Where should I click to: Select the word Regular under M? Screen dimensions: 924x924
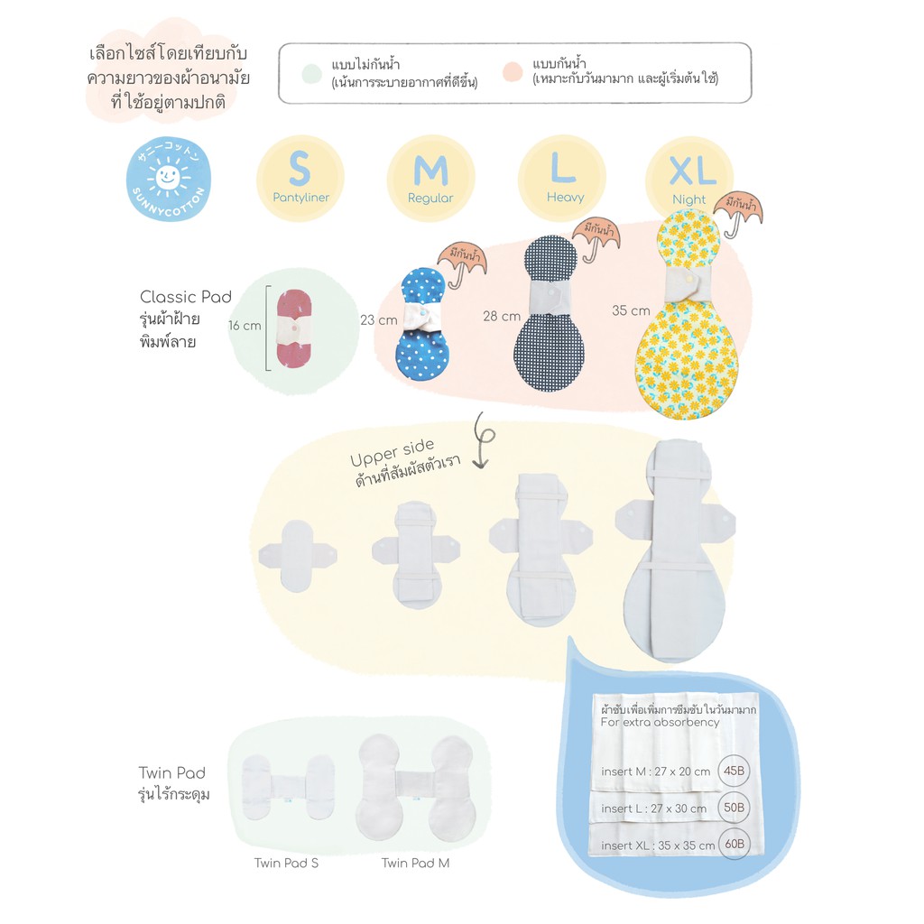point(430,198)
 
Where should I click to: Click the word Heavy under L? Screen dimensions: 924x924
point(565,197)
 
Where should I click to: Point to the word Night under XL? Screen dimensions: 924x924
point(688,199)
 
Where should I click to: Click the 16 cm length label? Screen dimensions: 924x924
point(245,325)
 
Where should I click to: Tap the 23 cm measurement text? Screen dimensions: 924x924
point(379,320)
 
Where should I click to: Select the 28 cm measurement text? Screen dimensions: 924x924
point(502,317)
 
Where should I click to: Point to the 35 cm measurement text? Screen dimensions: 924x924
point(631,310)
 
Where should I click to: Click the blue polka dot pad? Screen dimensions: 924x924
point(422,324)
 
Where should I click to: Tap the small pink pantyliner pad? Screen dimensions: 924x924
point(293,328)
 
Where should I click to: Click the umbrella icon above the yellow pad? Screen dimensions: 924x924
point(738,213)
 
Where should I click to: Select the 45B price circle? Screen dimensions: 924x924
point(734,771)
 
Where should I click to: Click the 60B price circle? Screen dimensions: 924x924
point(735,844)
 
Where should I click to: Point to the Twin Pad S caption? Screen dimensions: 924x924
point(286,863)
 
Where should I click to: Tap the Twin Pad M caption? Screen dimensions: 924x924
point(415,863)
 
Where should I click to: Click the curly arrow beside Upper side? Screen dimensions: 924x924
point(484,440)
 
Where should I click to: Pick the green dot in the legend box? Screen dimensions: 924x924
point(311,74)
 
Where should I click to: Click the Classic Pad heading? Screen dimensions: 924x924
point(186,296)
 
